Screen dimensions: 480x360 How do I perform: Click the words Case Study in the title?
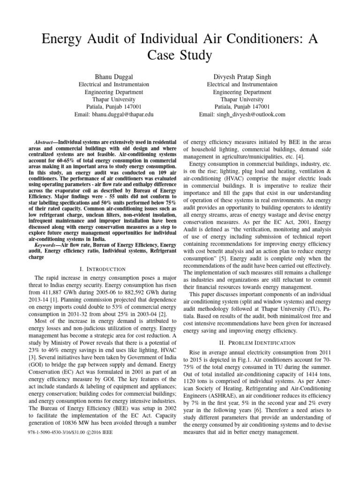[179, 55]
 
